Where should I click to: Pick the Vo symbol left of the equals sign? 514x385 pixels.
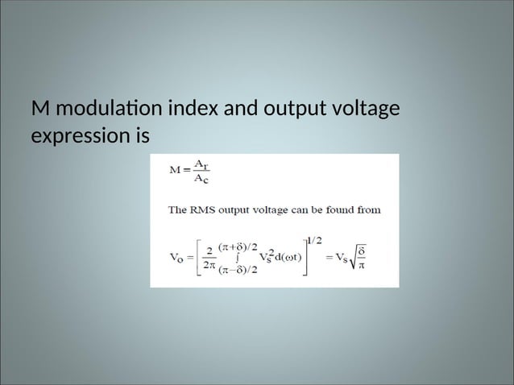(176, 258)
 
